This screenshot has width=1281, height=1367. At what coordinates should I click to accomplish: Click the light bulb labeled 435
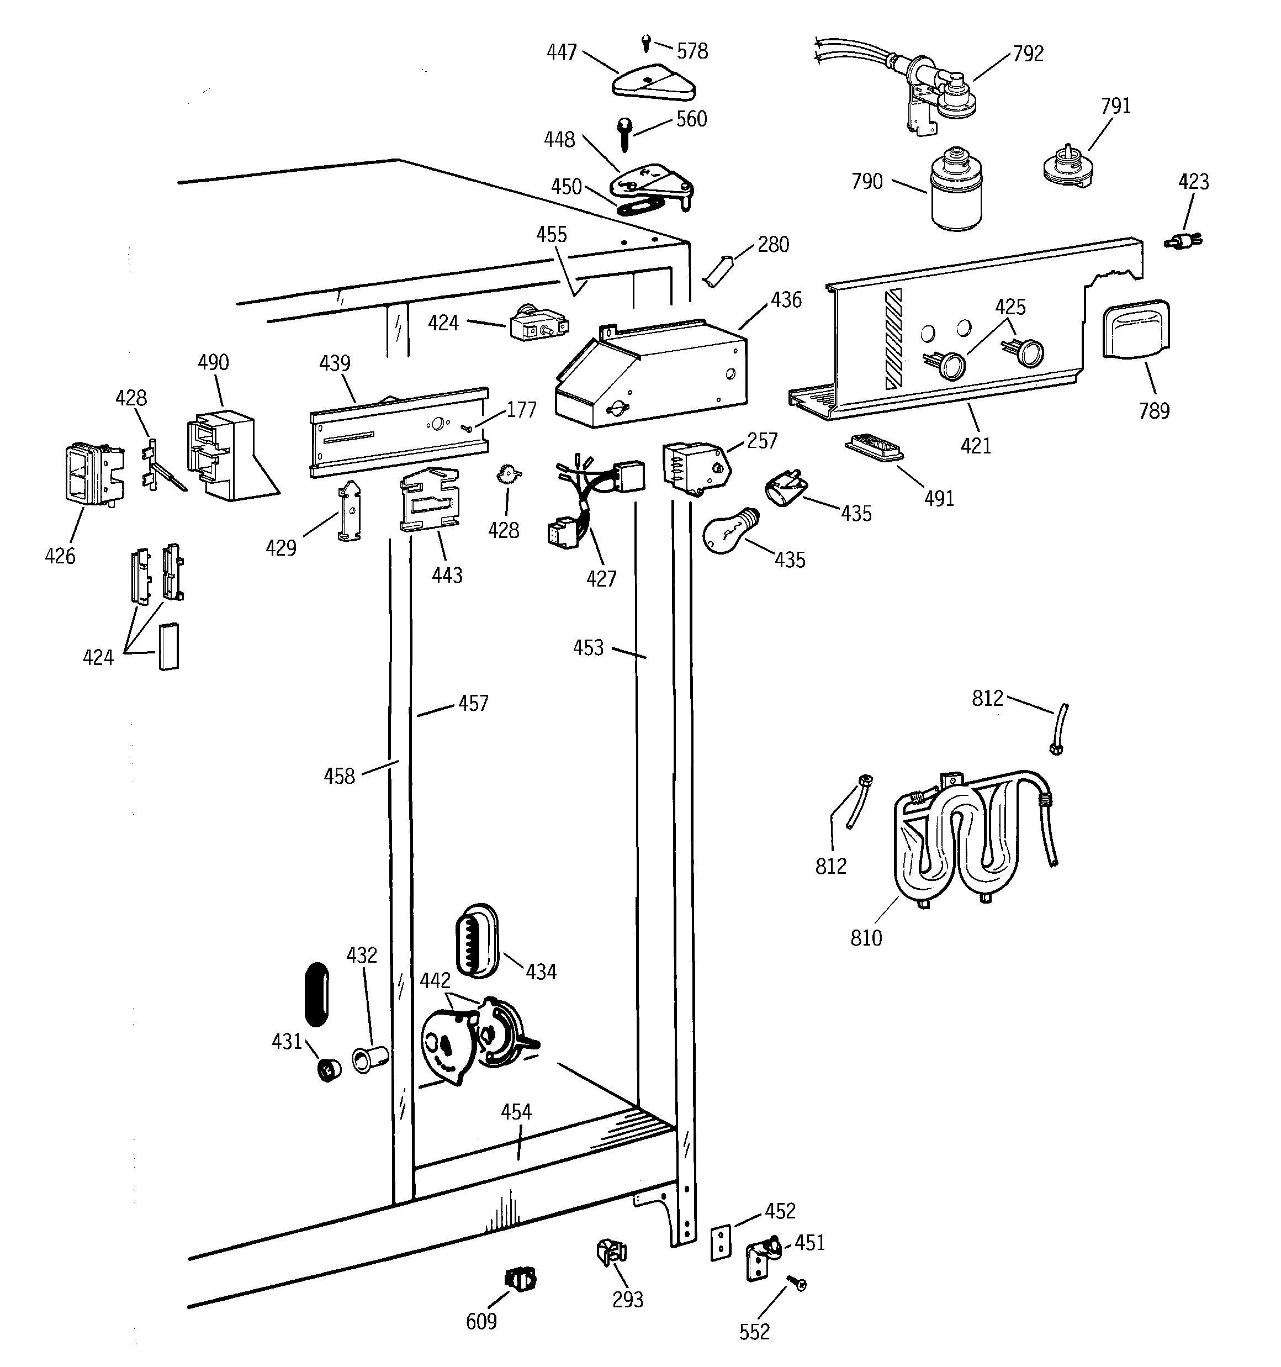(729, 530)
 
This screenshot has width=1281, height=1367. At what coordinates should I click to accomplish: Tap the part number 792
(1028, 54)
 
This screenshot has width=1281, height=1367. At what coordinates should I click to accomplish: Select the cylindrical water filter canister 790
(956, 189)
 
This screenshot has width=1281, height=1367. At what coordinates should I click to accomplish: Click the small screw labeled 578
(645, 43)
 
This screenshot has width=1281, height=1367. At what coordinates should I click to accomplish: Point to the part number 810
(866, 938)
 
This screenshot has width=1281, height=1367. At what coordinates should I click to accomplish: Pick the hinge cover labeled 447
(653, 83)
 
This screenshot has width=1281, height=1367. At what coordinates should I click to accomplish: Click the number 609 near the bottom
(481, 1321)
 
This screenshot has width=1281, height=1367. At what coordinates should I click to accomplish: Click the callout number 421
(976, 446)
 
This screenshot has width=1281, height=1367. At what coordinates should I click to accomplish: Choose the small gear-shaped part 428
(508, 474)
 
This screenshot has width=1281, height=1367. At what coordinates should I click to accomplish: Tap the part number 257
(762, 441)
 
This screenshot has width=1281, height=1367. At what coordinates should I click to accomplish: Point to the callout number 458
(339, 777)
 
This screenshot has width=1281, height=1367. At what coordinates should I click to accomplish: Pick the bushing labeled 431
(330, 1069)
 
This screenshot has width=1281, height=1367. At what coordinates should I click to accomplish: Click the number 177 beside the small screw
(521, 410)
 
